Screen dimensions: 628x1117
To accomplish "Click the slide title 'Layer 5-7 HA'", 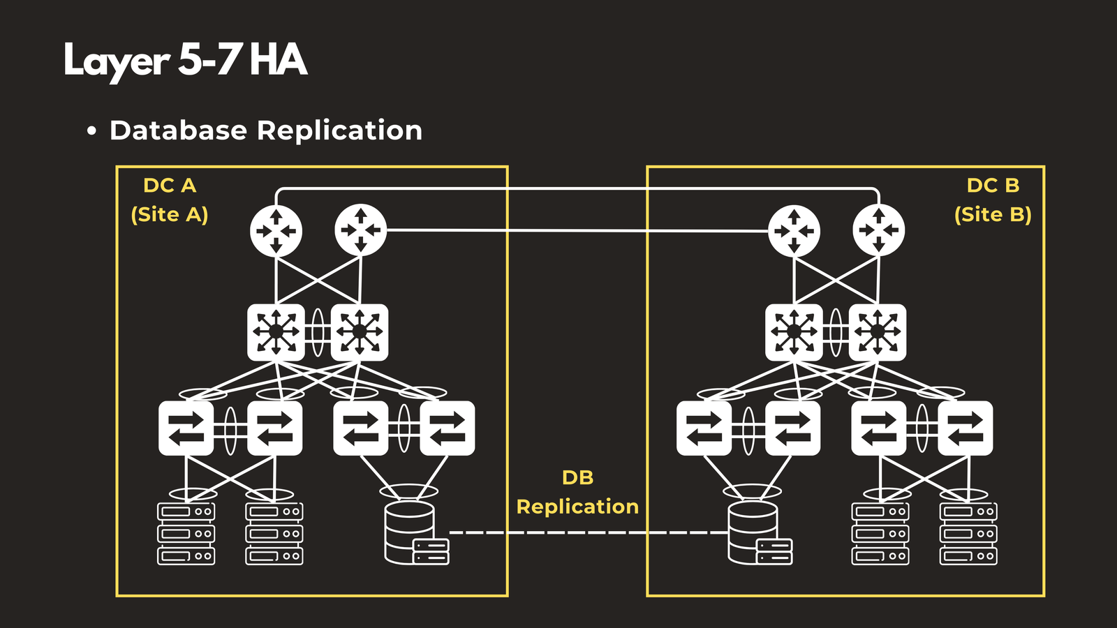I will (185, 60).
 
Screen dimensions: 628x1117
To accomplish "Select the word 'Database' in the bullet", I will (178, 130).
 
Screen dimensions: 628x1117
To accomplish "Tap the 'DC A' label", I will (170, 186).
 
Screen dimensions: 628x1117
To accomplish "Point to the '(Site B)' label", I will (993, 214).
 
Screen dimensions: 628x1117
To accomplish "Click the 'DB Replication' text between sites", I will (577, 493).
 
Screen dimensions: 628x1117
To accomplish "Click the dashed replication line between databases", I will (586, 532).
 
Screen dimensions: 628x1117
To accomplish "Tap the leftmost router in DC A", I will (276, 230).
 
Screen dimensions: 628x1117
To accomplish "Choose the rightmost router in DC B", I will (879, 230).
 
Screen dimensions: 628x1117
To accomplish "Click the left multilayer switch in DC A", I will (276, 332).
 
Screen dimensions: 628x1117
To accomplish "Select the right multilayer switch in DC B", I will (878, 332).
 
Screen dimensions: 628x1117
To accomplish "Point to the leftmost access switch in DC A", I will (186, 428).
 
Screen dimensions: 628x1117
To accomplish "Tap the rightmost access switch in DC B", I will (966, 428).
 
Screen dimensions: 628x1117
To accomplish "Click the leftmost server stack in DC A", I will (186, 533).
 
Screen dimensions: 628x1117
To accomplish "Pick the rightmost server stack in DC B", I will (968, 533).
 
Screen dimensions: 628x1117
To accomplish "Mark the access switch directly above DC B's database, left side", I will (704, 428).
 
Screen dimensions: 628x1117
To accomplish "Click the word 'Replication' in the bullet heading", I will (339, 130).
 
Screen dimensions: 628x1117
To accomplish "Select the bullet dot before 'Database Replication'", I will (91, 131).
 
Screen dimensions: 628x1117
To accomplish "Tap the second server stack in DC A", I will (274, 533).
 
